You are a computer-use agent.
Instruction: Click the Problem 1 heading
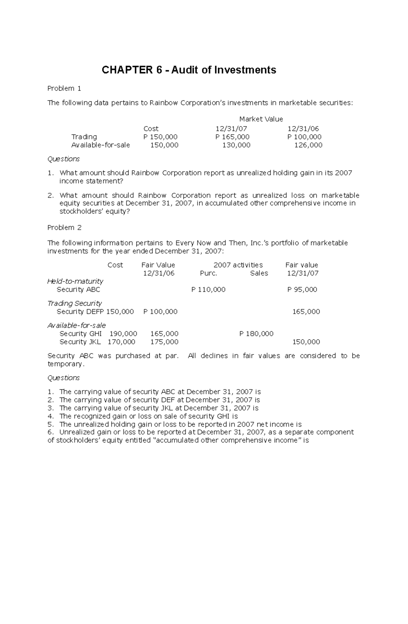pyautogui.click(x=64, y=89)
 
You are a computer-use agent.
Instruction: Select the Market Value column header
pyautogui.click(x=261, y=119)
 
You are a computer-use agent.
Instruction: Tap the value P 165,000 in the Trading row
pyautogui.click(x=232, y=137)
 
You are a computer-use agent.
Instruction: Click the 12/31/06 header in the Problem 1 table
pyautogui.click(x=303, y=129)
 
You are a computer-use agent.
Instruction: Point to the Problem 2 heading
pyautogui.click(x=64, y=228)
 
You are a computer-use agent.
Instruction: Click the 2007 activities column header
pyautogui.click(x=238, y=265)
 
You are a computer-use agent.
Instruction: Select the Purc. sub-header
pyautogui.click(x=208, y=273)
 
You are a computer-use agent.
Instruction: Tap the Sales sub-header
pyautogui.click(x=259, y=273)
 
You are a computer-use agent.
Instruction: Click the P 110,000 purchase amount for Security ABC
pyautogui.click(x=208, y=290)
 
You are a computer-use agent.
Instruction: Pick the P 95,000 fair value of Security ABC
pyautogui.click(x=302, y=290)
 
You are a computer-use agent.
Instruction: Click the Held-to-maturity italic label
pyautogui.click(x=75, y=282)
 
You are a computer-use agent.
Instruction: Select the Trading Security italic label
pyautogui.click(x=74, y=303)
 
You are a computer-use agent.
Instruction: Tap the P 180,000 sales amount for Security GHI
pyautogui.click(x=256, y=334)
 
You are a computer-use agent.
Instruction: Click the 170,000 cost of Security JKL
pyautogui.click(x=121, y=342)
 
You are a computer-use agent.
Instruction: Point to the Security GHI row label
pyautogui.click(x=81, y=334)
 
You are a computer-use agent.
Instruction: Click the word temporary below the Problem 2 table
pyautogui.click(x=65, y=364)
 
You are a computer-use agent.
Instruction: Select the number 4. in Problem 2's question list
pyautogui.click(x=51, y=417)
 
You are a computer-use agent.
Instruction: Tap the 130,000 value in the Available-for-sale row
pyautogui.click(x=236, y=145)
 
